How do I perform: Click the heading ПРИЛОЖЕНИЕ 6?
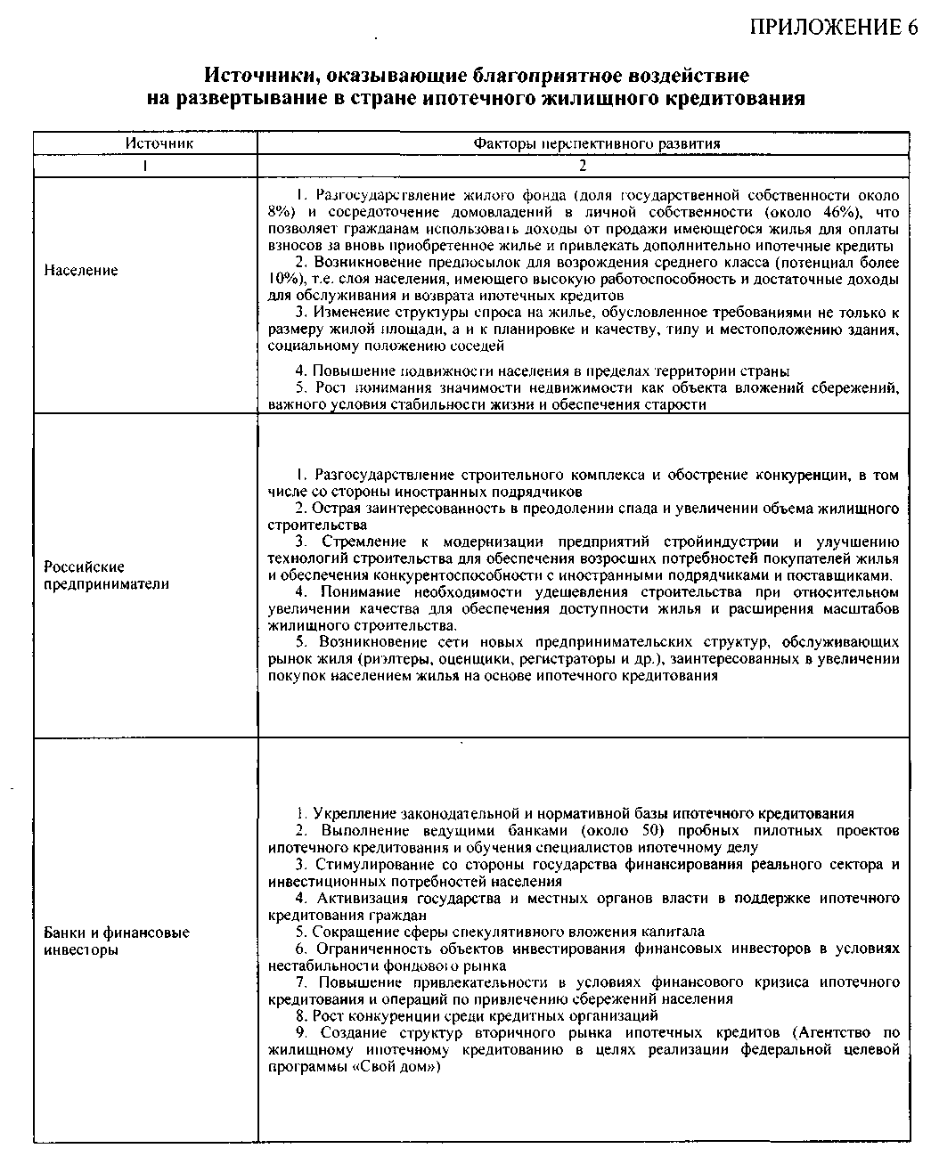(834, 26)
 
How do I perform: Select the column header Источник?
(146, 143)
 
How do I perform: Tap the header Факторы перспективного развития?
(584, 143)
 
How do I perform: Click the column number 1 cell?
(146, 166)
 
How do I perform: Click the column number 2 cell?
(584, 166)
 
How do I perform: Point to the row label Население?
(81, 271)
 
